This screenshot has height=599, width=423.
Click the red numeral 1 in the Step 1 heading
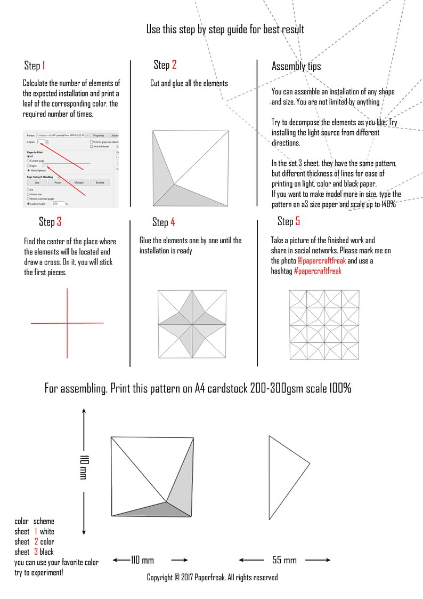pyautogui.click(x=43, y=66)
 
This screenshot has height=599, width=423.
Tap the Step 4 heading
pyautogui.click(x=164, y=222)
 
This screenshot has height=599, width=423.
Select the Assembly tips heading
pyautogui.click(x=296, y=66)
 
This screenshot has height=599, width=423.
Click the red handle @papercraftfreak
pyautogui.click(x=322, y=261)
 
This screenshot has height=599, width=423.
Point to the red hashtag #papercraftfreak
pyautogui.click(x=318, y=271)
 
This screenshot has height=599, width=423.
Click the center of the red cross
pyautogui.click(x=67, y=323)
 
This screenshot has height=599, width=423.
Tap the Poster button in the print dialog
pyautogui.click(x=58, y=182)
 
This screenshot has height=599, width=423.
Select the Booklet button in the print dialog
pyautogui.click(x=100, y=182)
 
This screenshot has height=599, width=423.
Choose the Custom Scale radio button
pyautogui.click(x=29, y=204)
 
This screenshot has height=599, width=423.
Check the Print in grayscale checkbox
pyautogui.click(x=92, y=142)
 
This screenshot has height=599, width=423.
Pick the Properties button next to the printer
pyautogui.click(x=99, y=135)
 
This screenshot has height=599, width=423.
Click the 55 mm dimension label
pyautogui.click(x=284, y=560)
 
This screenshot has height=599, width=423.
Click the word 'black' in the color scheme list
pyautogui.click(x=46, y=552)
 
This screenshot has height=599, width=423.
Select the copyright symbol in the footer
pyautogui.click(x=177, y=577)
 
